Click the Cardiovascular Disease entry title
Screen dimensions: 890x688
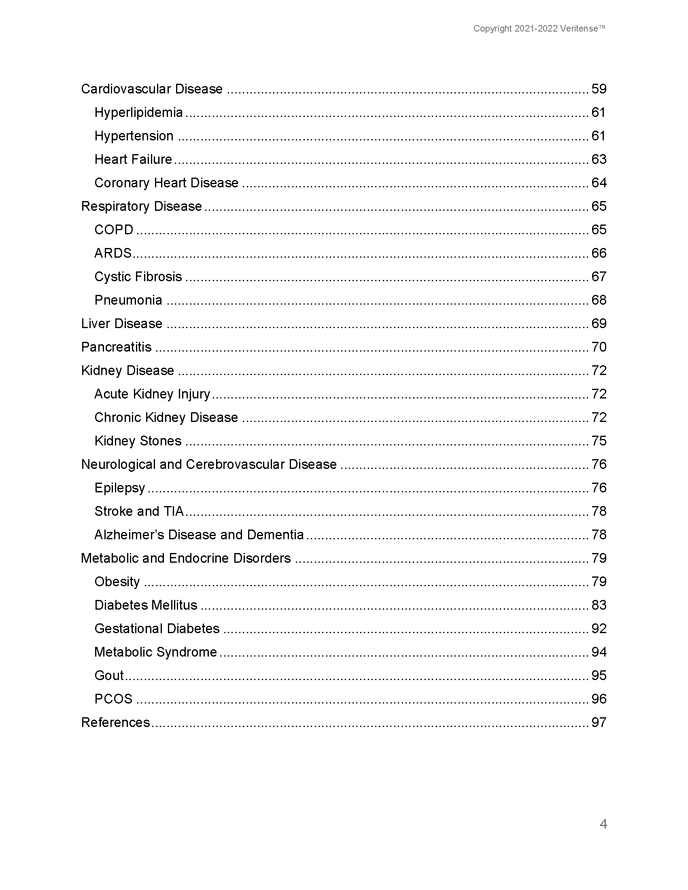152,89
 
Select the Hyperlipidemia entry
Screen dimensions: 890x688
138,112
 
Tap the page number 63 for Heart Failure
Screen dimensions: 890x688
599,159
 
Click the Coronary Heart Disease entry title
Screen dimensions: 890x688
166,183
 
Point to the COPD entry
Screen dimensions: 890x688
114,230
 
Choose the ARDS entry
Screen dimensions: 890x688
113,254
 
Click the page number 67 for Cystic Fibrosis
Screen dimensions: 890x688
599,277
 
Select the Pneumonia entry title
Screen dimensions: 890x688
128,300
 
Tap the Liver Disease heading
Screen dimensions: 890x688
121,324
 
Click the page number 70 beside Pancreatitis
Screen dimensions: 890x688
599,347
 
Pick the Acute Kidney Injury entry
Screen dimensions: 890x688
152,394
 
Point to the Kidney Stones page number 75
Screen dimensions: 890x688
599,441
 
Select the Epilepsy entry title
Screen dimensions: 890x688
119,488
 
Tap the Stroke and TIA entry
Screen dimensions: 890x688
139,511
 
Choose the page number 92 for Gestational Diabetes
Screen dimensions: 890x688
599,629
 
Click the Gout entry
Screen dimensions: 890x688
109,676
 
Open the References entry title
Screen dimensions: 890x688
115,723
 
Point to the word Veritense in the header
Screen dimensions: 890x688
579,29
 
